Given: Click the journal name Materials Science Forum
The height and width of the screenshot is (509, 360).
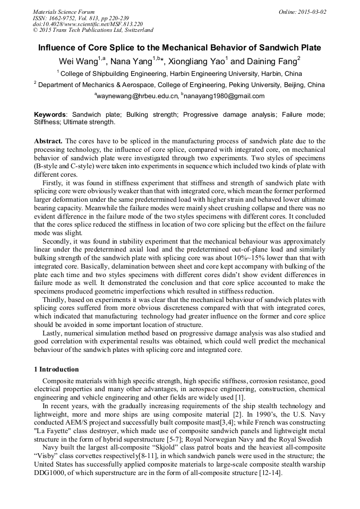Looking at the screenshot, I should click(64, 12).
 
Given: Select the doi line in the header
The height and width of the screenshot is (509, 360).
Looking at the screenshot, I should click(88, 24).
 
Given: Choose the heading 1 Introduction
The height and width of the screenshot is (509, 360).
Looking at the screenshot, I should click(56, 369).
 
